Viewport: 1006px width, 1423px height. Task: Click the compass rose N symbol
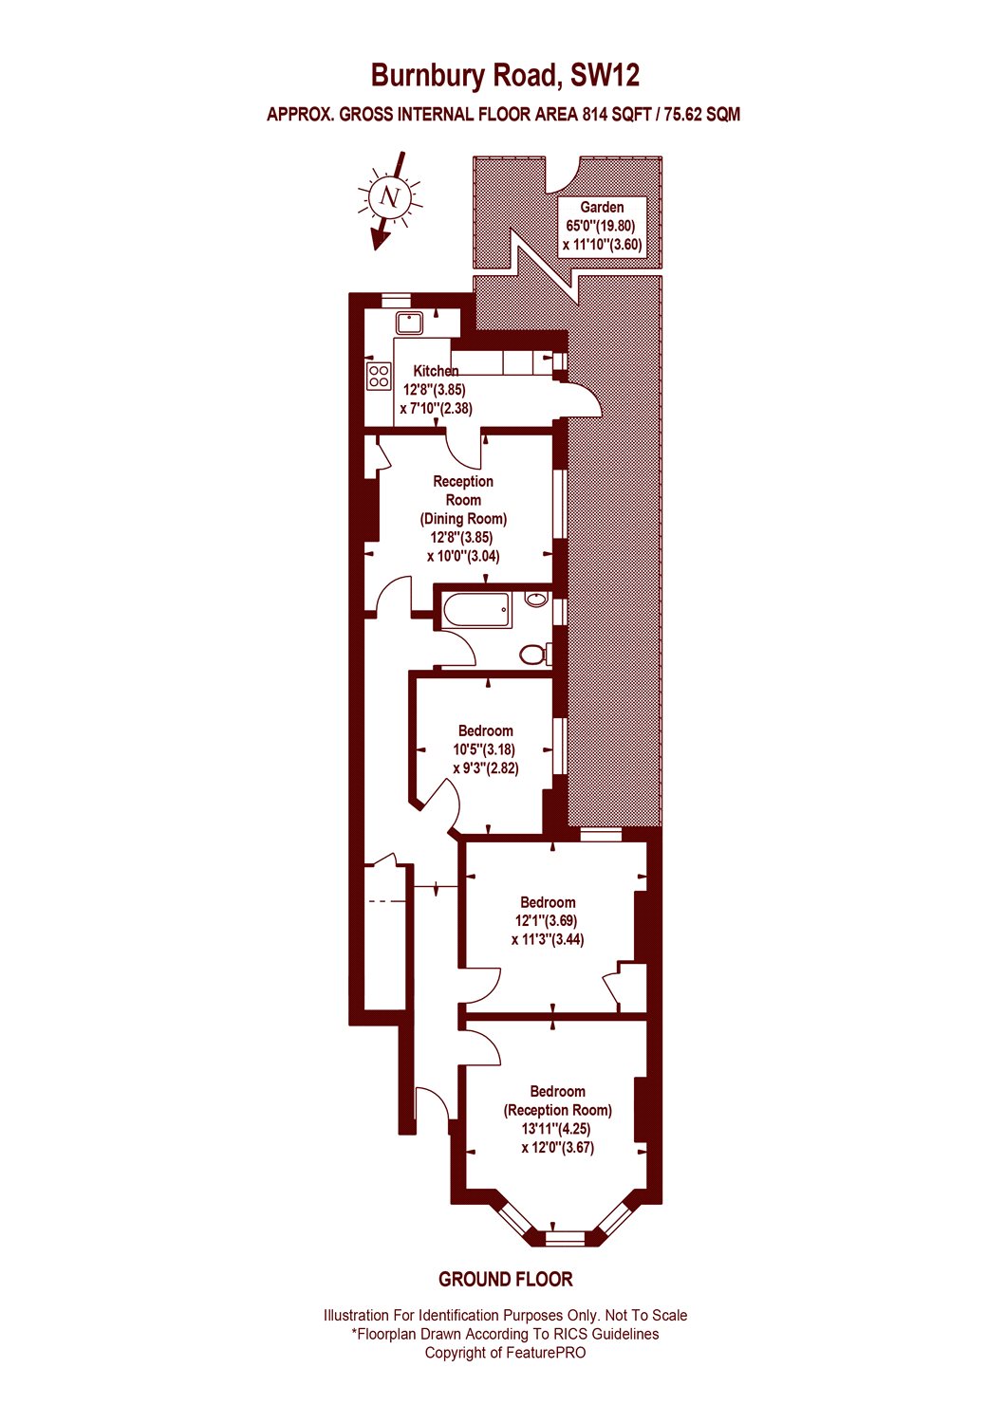(388, 197)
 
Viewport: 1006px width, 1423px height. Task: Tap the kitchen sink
(410, 323)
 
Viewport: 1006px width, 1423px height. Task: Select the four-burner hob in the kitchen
(379, 376)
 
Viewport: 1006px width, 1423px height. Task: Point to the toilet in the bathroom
(533, 654)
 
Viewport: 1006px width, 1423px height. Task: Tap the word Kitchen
(436, 371)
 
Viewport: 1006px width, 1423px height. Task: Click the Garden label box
(602, 226)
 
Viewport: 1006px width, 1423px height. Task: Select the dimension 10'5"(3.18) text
(484, 749)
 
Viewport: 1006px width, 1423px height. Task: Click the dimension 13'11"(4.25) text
(557, 1129)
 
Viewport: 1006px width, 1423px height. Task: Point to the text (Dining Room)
(463, 519)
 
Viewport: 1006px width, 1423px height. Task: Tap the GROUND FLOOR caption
(505, 1279)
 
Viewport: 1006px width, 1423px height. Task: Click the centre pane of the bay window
(567, 1236)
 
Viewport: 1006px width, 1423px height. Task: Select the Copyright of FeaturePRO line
(505, 1353)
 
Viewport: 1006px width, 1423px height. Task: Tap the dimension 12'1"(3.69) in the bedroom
(546, 920)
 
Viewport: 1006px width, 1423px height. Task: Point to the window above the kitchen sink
(396, 298)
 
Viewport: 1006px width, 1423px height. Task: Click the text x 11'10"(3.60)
(602, 245)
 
